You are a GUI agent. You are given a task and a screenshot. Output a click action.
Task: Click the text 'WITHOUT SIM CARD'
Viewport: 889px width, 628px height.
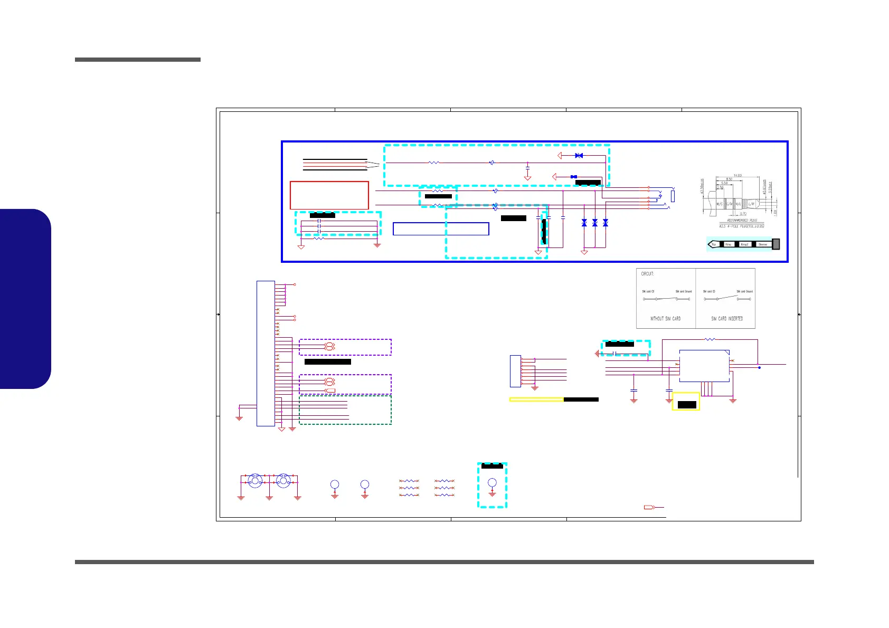pyautogui.click(x=665, y=319)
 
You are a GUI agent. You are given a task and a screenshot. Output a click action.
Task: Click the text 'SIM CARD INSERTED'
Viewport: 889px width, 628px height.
pyautogui.click(x=727, y=319)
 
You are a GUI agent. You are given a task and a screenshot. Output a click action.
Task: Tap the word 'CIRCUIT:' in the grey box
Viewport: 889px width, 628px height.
pyautogui.click(x=647, y=274)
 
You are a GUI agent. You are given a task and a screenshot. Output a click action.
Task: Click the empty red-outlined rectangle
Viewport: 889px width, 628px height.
pyautogui.click(x=329, y=195)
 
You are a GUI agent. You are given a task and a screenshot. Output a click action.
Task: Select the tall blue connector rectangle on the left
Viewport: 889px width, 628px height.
pyautogui.click(x=266, y=353)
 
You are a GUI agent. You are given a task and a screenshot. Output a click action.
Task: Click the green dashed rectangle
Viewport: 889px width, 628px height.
pyautogui.click(x=345, y=410)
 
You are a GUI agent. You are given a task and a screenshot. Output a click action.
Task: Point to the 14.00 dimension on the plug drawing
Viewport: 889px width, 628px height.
pyautogui.click(x=737, y=175)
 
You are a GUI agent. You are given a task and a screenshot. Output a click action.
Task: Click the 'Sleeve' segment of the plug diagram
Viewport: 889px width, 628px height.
pyautogui.click(x=762, y=244)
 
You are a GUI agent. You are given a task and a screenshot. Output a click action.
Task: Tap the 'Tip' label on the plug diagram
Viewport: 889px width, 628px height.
pyautogui.click(x=714, y=244)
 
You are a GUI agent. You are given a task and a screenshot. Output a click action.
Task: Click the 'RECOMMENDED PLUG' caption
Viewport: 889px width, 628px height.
pyautogui.click(x=742, y=220)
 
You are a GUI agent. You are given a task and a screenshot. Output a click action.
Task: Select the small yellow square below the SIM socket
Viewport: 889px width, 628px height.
pyautogui.click(x=686, y=402)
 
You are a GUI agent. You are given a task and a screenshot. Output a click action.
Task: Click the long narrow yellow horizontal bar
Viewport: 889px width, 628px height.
pyautogui.click(x=536, y=399)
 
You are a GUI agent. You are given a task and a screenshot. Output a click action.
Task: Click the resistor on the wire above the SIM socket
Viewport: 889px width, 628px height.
pyautogui.click(x=711, y=339)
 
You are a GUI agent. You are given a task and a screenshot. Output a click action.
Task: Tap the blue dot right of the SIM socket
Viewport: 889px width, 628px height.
pyautogui.click(x=759, y=367)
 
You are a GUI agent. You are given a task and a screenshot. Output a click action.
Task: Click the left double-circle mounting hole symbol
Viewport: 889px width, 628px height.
pyautogui.click(x=255, y=481)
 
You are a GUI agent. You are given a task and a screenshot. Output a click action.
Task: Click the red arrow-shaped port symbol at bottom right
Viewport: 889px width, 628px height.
pyautogui.click(x=649, y=508)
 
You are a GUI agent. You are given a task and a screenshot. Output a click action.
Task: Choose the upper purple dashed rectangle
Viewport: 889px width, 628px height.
pyautogui.click(x=345, y=347)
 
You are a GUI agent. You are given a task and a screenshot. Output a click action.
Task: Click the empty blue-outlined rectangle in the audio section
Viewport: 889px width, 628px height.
pyautogui.click(x=441, y=229)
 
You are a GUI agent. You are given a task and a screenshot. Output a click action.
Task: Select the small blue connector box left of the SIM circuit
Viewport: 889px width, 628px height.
pyautogui.click(x=515, y=371)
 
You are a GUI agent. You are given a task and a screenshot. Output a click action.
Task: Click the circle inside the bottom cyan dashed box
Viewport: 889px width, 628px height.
pyautogui.click(x=492, y=483)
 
